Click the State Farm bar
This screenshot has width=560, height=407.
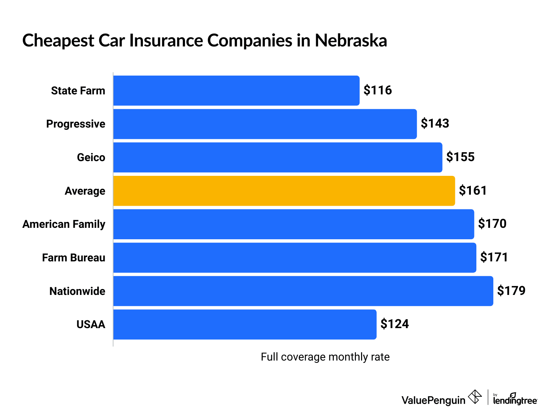pyautogui.click(x=236, y=91)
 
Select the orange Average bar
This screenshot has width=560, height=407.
pyautogui.click(x=284, y=191)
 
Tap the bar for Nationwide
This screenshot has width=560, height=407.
pyautogui.click(x=303, y=291)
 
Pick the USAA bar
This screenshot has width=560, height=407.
pyautogui.click(x=245, y=324)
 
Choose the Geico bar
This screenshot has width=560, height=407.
pyautogui.click(x=277, y=157)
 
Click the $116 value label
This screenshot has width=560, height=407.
pyautogui.click(x=378, y=90)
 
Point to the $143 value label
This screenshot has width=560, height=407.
pyautogui.click(x=435, y=124)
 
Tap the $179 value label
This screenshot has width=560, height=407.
pyautogui.click(x=511, y=291)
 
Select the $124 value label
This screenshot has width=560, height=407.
pyautogui.click(x=395, y=324)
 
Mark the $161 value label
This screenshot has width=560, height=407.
pyautogui.click(x=473, y=191)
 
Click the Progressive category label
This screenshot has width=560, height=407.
pyautogui.click(x=76, y=124)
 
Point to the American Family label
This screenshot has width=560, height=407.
pyautogui.click(x=64, y=224)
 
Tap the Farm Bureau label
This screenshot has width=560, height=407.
pyautogui.click(x=74, y=258)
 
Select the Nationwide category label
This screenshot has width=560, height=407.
pyautogui.click(x=77, y=291)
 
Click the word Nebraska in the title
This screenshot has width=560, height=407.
pyautogui.click(x=351, y=40)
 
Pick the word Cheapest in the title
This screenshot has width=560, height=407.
pyautogui.click(x=58, y=41)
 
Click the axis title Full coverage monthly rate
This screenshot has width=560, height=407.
pyautogui.click(x=325, y=357)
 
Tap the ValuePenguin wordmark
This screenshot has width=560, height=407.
pyautogui.click(x=433, y=400)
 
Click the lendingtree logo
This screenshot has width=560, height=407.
pyautogui.click(x=515, y=399)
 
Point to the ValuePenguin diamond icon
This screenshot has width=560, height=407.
pyautogui.click(x=475, y=397)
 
